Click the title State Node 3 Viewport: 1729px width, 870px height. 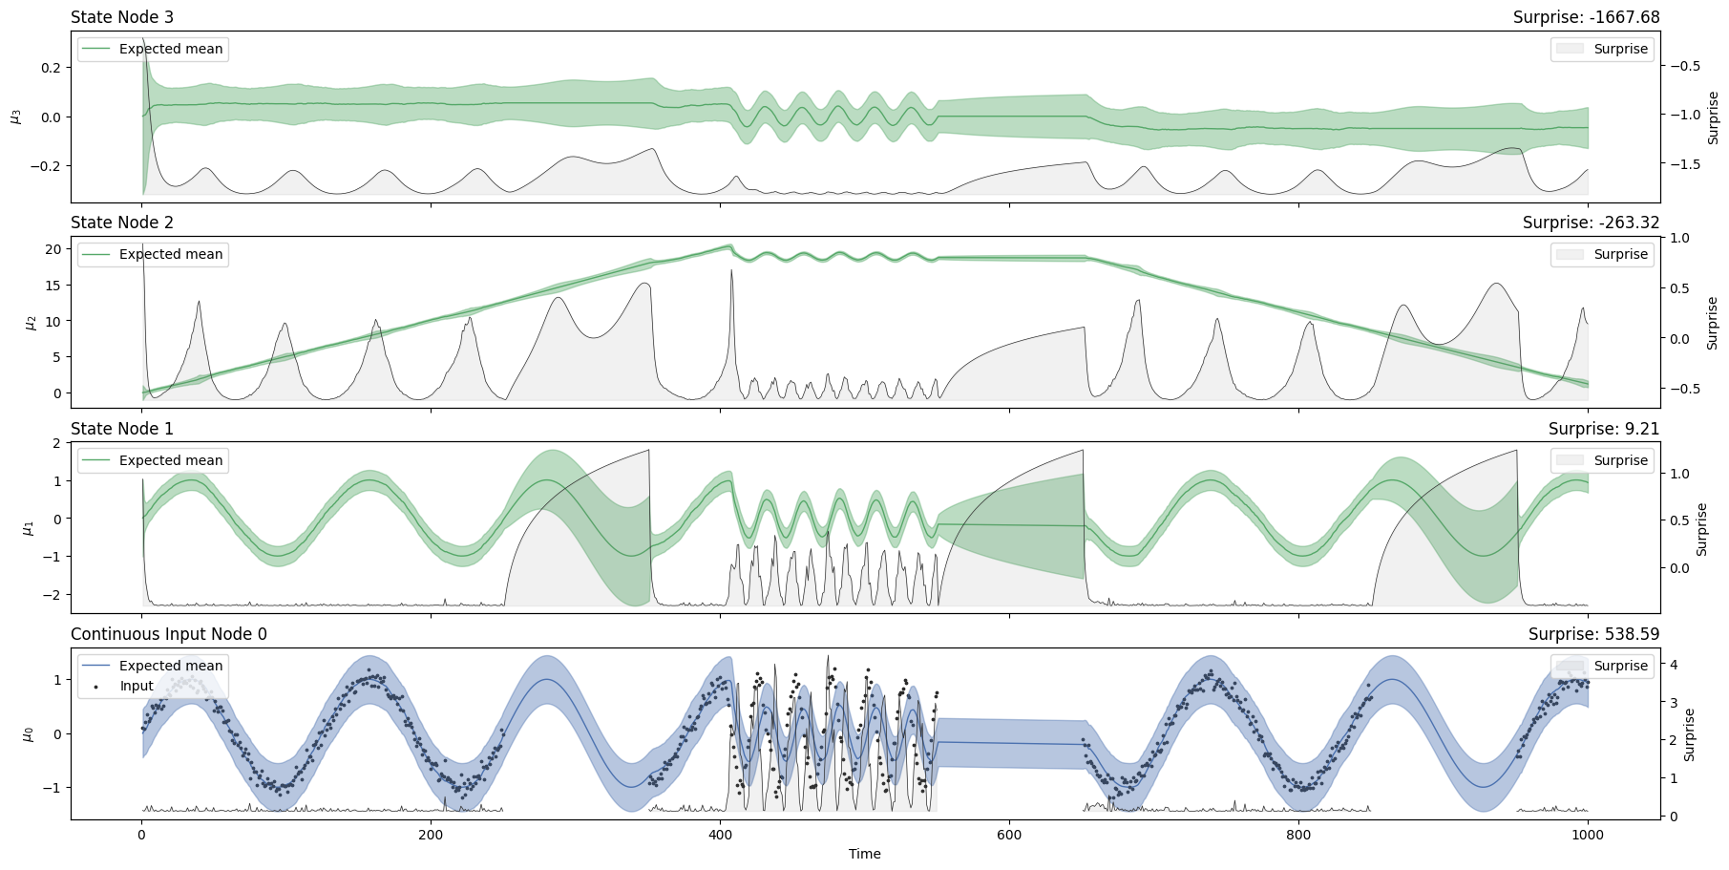pyautogui.click(x=122, y=17)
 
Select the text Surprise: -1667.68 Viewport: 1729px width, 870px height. pyautogui.click(x=1586, y=17)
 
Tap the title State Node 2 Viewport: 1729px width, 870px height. pyautogui.click(x=122, y=223)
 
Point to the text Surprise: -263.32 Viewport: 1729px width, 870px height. pyautogui.click(x=1591, y=223)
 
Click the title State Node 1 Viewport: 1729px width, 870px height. pyautogui.click(x=122, y=429)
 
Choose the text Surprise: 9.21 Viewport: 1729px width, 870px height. pyautogui.click(x=1603, y=429)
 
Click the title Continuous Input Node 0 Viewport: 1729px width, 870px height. pyautogui.click(x=169, y=634)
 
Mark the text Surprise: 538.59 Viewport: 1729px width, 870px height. pyautogui.click(x=1593, y=634)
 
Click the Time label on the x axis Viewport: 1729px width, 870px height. pyautogui.click(x=864, y=854)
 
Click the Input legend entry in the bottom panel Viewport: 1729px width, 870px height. pyautogui.click(x=137, y=686)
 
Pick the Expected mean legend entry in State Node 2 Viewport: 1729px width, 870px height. pyautogui.click(x=170, y=254)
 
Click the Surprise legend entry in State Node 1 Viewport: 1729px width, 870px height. pyautogui.click(x=1620, y=460)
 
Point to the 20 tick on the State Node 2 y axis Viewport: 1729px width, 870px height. pyautogui.click(x=53, y=249)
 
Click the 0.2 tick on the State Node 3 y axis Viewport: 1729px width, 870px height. pyautogui.click(x=50, y=68)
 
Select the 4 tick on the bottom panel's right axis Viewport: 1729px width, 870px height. pyautogui.click(x=1673, y=665)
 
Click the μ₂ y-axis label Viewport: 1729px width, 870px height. pyautogui.click(x=30, y=322)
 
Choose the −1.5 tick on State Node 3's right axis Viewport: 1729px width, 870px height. pyautogui.click(x=1684, y=164)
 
